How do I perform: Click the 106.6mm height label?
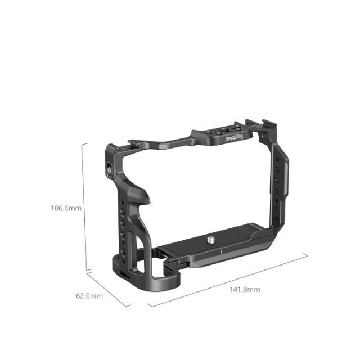click(66, 208)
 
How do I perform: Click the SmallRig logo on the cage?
click(233, 138)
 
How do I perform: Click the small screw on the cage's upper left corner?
click(110, 167)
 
